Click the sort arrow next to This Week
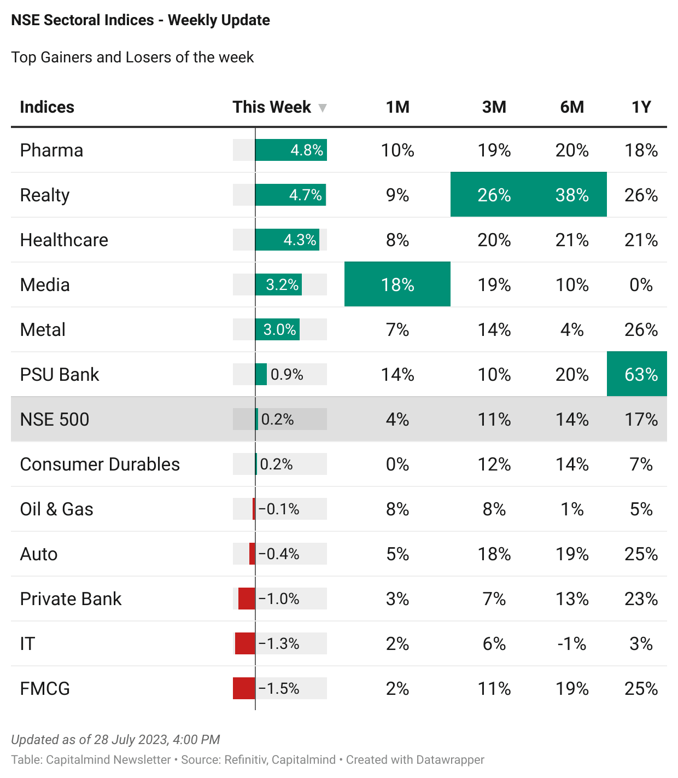[323, 108]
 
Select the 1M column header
[398, 107]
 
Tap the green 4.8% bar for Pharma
[291, 150]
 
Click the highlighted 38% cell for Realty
[572, 195]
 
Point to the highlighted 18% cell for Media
[398, 285]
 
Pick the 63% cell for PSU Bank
[641, 374]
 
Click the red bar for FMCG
[244, 688]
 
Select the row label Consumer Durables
[100, 464]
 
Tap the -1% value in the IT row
[572, 643]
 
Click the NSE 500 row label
[54, 419]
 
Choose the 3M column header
[494, 107]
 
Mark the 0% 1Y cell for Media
[641, 285]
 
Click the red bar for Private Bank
[247, 599]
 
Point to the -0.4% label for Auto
[279, 554]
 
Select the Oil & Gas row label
[56, 509]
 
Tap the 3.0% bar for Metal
[278, 329]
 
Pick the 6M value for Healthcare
[572, 240]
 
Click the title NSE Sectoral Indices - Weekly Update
[141, 20]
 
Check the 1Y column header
[641, 107]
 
